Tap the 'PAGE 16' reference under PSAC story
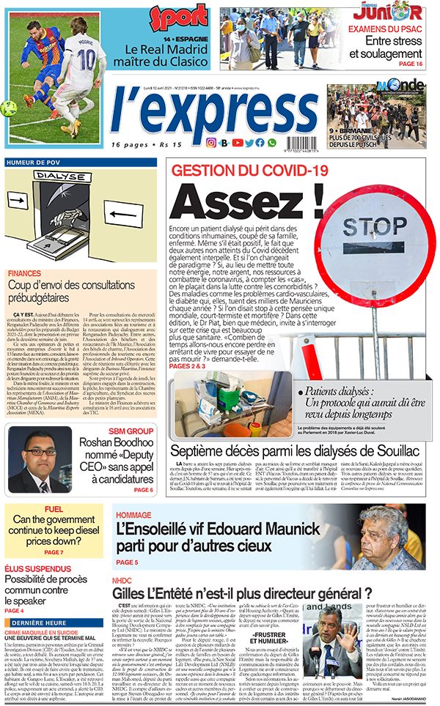point(411,64)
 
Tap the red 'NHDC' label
point(122,580)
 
